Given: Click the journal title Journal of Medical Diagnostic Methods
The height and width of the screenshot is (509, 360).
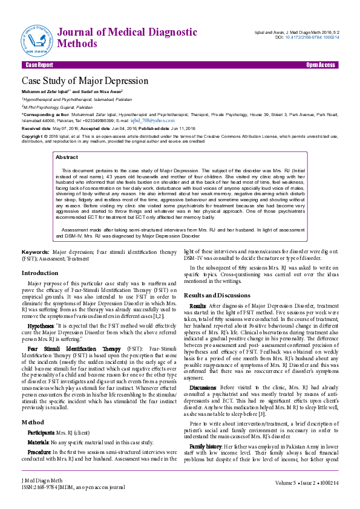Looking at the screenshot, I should click(126, 37).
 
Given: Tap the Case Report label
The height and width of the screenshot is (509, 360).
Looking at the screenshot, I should click(39, 65).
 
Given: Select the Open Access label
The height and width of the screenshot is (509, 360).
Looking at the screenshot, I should click(320, 65).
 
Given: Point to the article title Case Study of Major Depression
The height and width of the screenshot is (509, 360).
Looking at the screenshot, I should click(85, 80).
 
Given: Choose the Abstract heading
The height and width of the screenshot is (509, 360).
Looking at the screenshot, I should click(67, 157).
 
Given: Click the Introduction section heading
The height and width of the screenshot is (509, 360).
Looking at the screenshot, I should click(40, 273).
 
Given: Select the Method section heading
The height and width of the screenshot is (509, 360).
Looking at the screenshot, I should click(32, 421).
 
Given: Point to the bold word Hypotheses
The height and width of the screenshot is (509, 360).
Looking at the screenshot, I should click(41, 325).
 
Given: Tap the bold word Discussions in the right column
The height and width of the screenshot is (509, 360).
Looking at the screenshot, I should click(203, 387).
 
